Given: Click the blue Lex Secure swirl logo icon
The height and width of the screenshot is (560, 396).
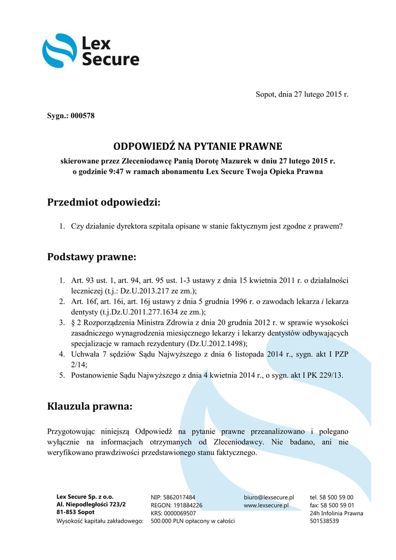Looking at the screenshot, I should (60, 50).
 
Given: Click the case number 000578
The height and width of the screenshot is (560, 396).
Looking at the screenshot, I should (83, 115).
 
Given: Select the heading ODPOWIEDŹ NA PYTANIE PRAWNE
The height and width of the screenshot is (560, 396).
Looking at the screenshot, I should (198, 147).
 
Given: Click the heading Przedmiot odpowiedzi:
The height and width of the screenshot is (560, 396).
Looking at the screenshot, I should (104, 202).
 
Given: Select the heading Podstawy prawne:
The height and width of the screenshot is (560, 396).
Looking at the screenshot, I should (91, 256).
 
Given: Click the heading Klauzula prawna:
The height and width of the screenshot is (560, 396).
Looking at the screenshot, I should (90, 407).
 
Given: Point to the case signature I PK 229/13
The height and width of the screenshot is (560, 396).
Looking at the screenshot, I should (318, 375).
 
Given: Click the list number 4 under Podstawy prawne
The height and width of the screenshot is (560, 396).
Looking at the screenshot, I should (62, 354).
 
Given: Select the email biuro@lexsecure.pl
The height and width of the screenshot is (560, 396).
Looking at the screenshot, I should (269, 497).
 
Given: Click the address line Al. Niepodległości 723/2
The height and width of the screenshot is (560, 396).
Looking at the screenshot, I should (91, 505).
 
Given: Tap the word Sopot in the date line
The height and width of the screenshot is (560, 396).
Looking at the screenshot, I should (267, 95).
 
